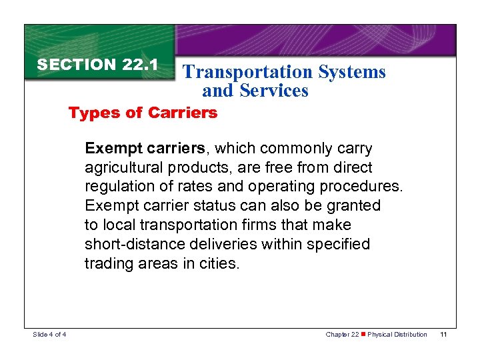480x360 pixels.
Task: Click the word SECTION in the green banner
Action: [77, 65]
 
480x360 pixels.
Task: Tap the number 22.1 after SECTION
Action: [140, 65]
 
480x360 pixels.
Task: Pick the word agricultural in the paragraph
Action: [123, 167]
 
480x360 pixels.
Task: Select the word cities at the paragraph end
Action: [220, 263]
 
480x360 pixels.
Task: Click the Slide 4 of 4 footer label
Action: [49, 334]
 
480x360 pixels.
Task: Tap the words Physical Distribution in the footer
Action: [397, 334]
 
